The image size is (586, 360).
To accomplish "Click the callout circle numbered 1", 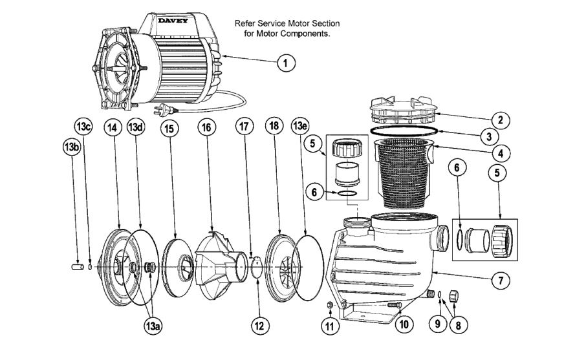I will [285, 63].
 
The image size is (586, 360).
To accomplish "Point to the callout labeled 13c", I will [84, 126].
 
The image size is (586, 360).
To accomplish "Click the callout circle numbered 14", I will [112, 129].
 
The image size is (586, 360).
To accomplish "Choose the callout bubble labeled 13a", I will [153, 326].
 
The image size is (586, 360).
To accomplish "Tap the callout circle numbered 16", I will [206, 129].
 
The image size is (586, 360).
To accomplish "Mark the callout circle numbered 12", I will [259, 326].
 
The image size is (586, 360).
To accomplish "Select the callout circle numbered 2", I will [500, 120].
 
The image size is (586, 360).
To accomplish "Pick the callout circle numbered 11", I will [331, 326].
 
